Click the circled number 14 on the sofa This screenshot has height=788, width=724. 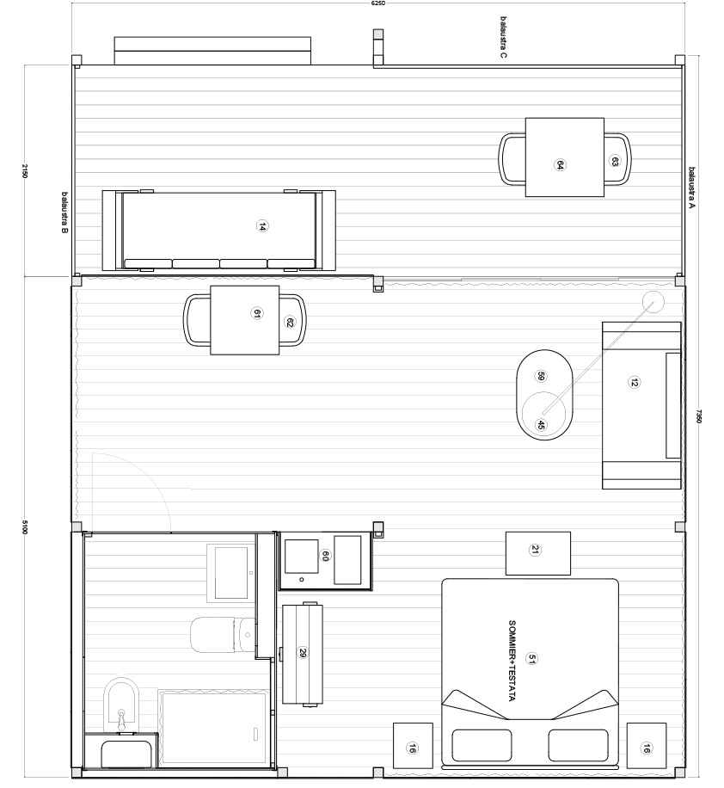(x=262, y=226)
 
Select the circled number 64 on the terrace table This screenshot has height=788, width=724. (x=560, y=165)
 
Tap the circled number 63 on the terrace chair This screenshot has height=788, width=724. (x=616, y=161)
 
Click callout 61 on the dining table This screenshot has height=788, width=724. (x=256, y=315)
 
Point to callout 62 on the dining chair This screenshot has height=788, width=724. (x=290, y=323)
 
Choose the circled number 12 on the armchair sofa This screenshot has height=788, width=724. (x=635, y=383)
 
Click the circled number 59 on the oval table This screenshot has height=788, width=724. (x=541, y=376)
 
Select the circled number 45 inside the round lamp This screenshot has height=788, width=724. (x=541, y=424)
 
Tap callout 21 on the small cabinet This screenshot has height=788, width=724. (x=535, y=551)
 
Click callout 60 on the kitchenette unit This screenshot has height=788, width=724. (x=325, y=556)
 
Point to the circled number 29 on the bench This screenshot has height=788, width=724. (x=302, y=654)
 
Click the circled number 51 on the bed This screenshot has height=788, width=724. (x=533, y=659)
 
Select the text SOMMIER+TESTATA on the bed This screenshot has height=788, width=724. (x=512, y=659)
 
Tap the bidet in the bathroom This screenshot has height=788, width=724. (x=120, y=701)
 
